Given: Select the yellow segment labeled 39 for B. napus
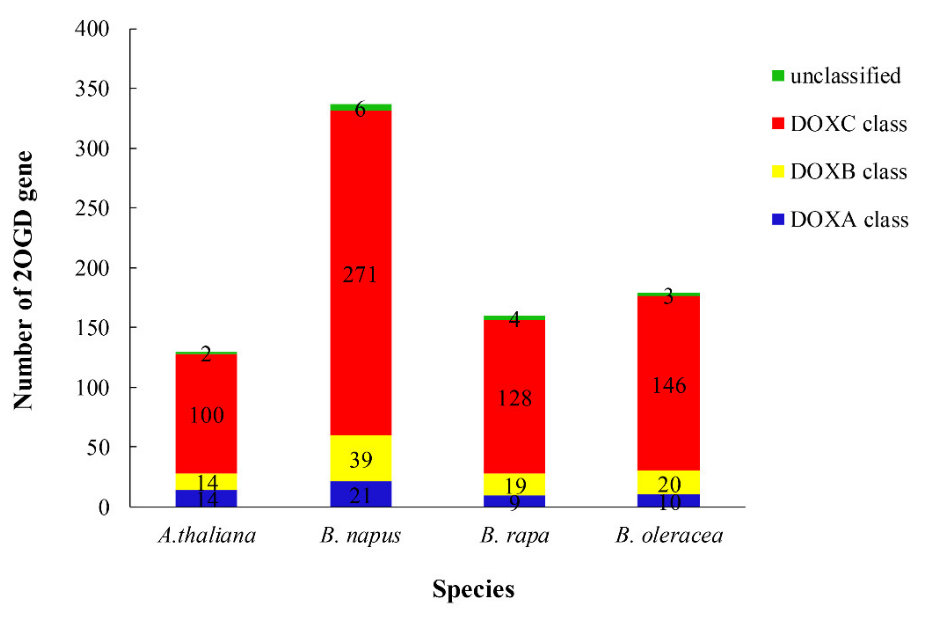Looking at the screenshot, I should pos(360,458).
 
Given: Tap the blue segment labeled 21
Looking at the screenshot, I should pos(360,495).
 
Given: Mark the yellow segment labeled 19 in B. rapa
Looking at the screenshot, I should pos(514,485).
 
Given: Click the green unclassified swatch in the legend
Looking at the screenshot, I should pos(778,76).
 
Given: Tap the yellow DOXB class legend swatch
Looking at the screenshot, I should pos(778,171).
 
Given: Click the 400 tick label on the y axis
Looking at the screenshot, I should pos(92,29).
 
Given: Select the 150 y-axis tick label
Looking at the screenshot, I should pos(92,328).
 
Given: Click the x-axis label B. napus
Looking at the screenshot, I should pos(360,536).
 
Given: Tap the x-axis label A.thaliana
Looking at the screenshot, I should pos(207,536).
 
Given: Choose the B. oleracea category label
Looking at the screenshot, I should pos(669,536).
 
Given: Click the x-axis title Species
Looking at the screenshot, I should pos(473,589).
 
